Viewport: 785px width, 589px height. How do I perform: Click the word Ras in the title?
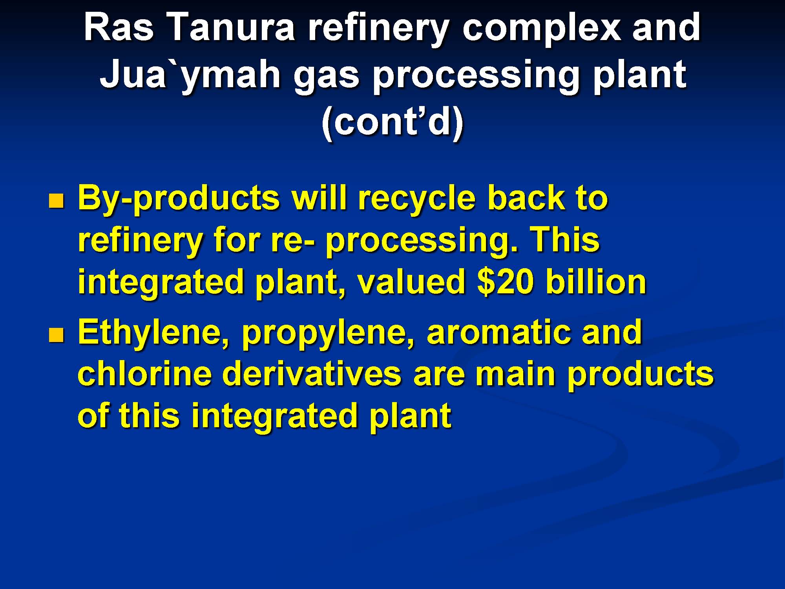tap(119, 27)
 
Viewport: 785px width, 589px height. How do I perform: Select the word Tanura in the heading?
tap(232, 27)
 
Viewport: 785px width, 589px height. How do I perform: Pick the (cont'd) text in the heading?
tap(392, 122)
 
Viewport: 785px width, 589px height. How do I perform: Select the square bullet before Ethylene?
tap(56, 335)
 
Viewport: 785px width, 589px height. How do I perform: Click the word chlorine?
tap(145, 373)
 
